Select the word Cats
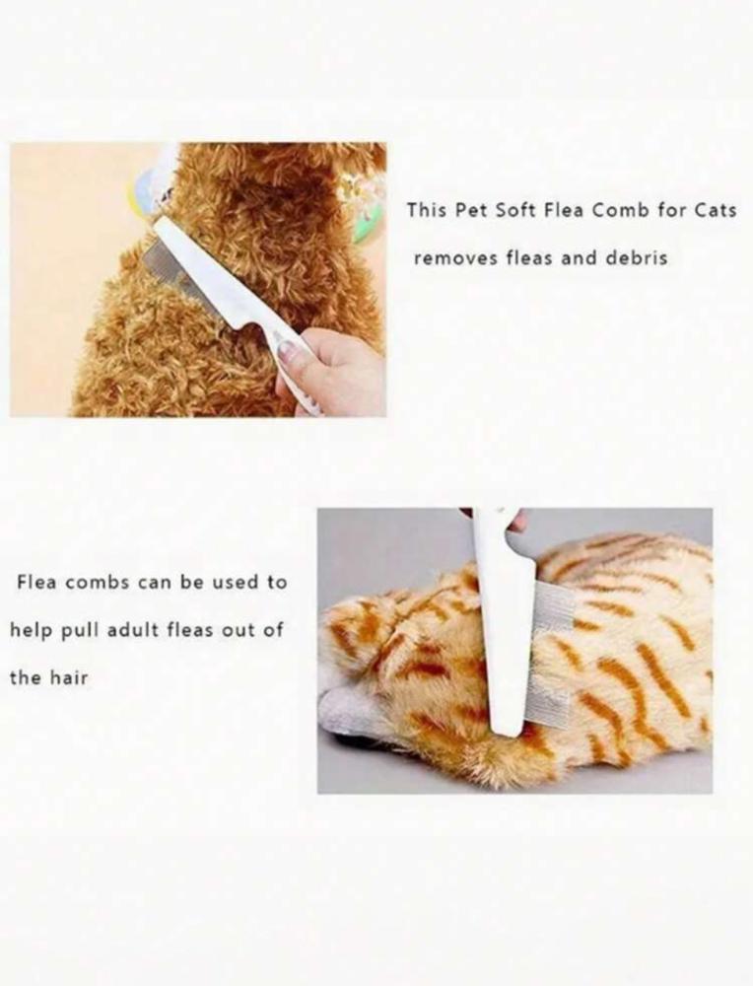coord(715,210)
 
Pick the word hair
coord(69,678)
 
